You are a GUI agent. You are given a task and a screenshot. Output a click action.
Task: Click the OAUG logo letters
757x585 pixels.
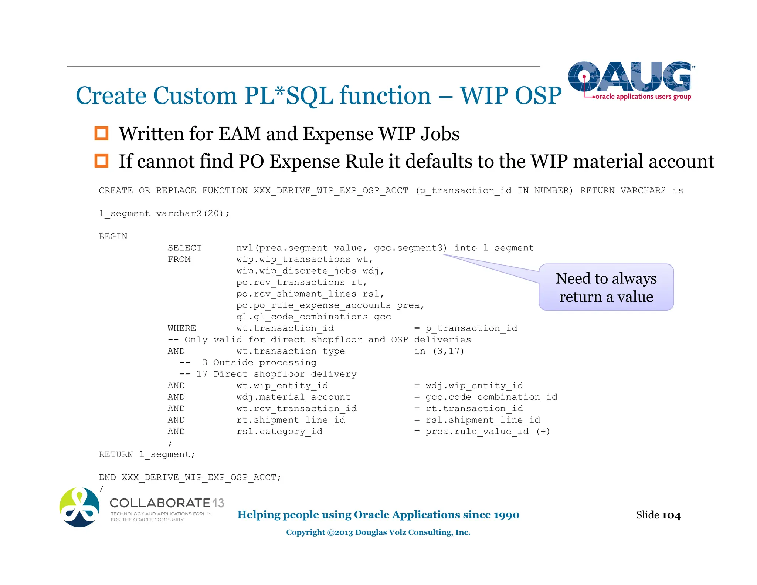(629, 77)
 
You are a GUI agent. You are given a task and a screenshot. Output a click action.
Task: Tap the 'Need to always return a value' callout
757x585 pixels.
(606, 287)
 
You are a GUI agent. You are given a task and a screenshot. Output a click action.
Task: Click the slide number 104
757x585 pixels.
(671, 515)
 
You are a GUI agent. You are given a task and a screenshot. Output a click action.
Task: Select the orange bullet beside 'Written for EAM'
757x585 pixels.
(101, 133)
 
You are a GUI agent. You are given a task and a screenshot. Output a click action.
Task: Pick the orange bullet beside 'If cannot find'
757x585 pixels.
(101, 161)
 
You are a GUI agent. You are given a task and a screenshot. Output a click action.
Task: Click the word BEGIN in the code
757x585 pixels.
(113, 236)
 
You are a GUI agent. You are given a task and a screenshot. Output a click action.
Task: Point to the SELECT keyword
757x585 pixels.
(184, 248)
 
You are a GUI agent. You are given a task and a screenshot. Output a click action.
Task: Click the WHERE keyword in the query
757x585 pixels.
(181, 328)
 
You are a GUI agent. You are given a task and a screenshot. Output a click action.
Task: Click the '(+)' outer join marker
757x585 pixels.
(543, 431)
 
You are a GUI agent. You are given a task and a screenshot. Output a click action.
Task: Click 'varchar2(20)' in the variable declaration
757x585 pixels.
(192, 213)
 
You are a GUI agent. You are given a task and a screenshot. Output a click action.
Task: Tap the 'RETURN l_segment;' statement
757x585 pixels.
(147, 454)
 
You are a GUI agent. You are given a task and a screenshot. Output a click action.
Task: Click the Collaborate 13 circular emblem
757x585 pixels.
(79, 507)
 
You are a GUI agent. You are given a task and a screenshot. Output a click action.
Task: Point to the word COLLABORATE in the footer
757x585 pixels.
(160, 503)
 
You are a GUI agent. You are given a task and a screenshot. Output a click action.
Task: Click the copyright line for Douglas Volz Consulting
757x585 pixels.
(378, 532)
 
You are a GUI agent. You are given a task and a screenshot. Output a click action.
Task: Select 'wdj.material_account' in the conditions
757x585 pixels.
(293, 397)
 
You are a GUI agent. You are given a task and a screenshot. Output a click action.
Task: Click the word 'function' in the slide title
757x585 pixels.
(385, 95)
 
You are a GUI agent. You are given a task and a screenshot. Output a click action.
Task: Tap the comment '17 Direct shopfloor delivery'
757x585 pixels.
(276, 374)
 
